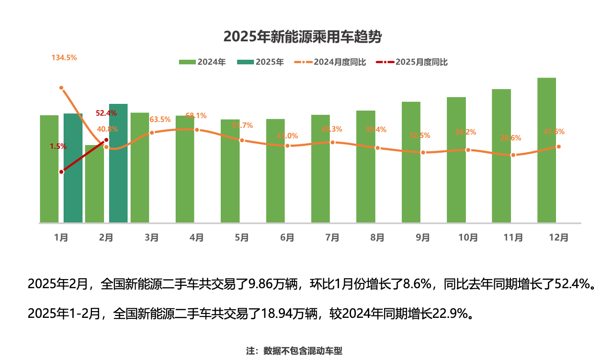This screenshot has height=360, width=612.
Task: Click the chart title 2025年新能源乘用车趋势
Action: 303,37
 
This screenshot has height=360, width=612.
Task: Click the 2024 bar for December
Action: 546,150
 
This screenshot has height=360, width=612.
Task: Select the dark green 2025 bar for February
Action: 118,163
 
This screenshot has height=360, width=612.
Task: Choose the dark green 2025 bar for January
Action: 73,168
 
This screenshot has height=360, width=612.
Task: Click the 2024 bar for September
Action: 411,162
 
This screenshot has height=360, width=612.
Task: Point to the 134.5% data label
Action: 64,57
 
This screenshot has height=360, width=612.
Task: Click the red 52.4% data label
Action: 106,113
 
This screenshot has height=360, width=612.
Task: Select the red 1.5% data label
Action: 58,146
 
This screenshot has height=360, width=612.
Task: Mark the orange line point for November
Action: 513,155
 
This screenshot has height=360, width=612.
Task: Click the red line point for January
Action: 61,172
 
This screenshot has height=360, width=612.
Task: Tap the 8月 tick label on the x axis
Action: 377,237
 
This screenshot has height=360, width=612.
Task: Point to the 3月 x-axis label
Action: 151,237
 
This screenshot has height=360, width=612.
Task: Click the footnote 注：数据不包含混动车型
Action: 294,351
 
